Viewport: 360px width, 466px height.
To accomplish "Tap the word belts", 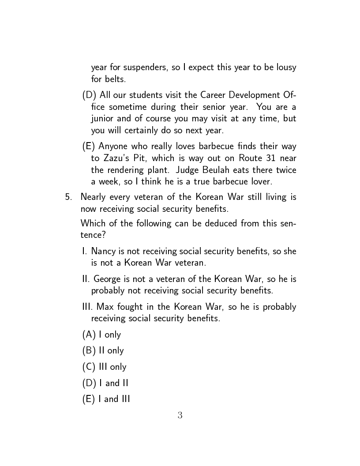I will [x=114, y=79].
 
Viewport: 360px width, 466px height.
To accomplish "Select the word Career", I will [x=217, y=95].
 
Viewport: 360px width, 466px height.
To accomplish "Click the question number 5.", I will [x=68, y=197].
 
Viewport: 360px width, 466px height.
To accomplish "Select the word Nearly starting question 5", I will [x=93, y=197].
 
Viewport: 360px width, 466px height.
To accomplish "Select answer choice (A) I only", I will [x=101, y=334].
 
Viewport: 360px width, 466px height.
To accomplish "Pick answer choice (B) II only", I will [x=103, y=351].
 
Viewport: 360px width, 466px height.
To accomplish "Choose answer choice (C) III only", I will [x=104, y=367].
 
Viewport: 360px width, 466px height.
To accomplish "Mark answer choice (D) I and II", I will [x=105, y=383].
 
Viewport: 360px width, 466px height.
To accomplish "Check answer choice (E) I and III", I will [x=106, y=399].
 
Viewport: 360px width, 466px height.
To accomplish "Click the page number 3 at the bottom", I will [x=180, y=415].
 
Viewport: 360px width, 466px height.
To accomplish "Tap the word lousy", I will [x=286, y=68].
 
